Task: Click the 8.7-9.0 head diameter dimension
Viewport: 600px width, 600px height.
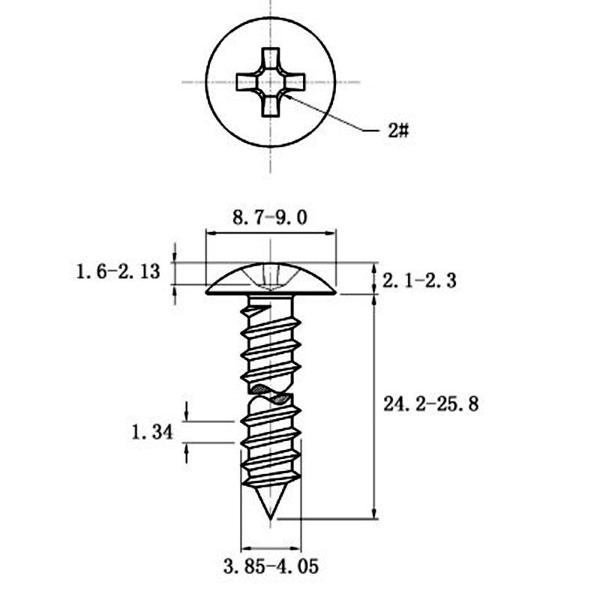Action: coord(270,217)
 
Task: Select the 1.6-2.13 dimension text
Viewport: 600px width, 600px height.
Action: coord(118,272)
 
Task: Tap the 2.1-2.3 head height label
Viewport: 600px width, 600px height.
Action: coord(419,281)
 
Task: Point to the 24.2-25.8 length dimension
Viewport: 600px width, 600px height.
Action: coord(430,404)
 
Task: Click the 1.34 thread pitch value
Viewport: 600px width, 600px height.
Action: coord(152,433)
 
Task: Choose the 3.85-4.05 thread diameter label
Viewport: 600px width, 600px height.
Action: coord(271,566)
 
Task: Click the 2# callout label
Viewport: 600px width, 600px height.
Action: coord(398,130)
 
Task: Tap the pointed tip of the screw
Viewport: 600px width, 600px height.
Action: coord(271,520)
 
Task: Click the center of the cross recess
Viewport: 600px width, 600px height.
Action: coord(271,82)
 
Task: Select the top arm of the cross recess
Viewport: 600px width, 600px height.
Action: coord(271,59)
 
